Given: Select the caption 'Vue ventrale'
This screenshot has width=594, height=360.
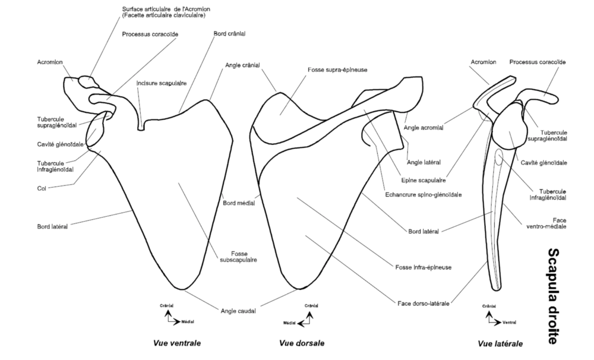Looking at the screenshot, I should (x=176, y=343).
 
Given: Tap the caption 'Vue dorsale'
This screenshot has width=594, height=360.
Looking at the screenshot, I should (x=302, y=343).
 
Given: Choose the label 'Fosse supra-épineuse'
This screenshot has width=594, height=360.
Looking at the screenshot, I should (x=337, y=70).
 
